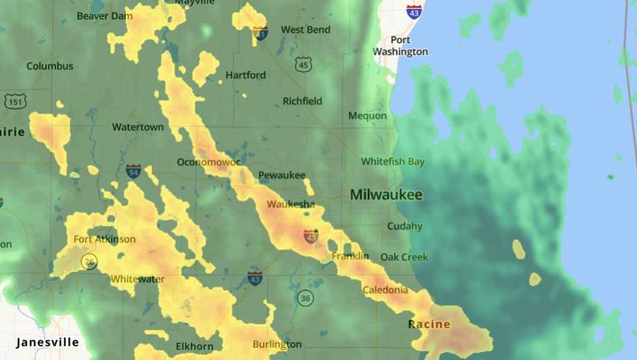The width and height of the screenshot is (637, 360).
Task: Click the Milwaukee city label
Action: [x=386, y=195]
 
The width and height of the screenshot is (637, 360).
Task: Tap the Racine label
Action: [x=429, y=324]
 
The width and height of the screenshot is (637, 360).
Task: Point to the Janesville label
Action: [x=47, y=342]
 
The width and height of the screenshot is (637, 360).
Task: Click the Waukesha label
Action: [x=290, y=204]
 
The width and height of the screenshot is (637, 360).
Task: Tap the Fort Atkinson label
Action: [x=104, y=239]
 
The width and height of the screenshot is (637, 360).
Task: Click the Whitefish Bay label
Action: [x=392, y=161]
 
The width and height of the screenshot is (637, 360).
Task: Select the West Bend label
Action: [x=305, y=30]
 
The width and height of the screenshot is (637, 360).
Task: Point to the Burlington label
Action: [x=277, y=344]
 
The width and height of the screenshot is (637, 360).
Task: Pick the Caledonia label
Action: [x=385, y=290]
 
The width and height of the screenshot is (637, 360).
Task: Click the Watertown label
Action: [x=138, y=127]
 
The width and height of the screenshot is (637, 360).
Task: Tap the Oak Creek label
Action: [x=404, y=257]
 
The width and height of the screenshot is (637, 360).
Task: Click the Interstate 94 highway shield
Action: [x=133, y=171]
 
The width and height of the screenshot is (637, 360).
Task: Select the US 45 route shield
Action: [x=303, y=64]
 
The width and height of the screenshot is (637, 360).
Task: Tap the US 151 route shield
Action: [x=15, y=101]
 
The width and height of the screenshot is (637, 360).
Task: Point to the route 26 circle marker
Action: [x=88, y=261]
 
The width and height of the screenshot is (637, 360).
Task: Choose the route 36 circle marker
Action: [x=306, y=297]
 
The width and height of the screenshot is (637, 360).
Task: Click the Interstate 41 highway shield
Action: [x=260, y=32]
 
